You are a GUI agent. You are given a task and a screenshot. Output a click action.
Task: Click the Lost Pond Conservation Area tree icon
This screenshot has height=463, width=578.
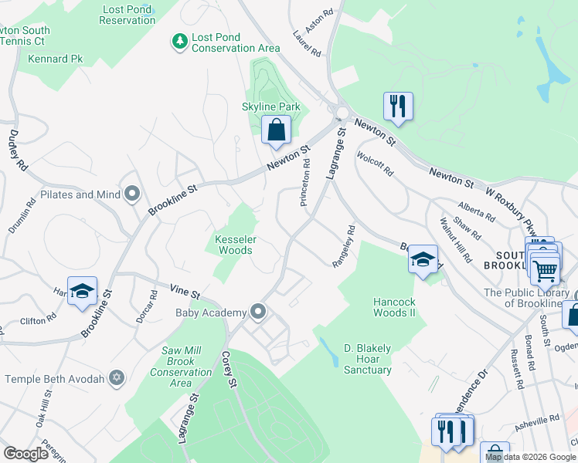click(180, 41)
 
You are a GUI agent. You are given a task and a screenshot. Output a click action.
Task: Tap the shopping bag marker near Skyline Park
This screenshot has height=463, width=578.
click(276, 131)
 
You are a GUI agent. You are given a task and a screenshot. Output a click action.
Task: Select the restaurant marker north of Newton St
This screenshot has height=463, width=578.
click(398, 106)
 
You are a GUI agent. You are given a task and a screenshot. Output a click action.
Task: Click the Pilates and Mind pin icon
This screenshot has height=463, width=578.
click(133, 195)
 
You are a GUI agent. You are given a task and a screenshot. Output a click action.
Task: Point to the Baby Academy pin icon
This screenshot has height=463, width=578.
click(259, 313)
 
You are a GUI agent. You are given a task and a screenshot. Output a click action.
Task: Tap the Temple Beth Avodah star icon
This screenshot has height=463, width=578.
click(117, 378)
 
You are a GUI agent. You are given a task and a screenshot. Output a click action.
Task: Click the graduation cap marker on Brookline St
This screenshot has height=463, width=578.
click(82, 292)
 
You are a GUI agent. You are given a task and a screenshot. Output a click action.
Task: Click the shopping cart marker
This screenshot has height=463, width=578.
click(545, 270)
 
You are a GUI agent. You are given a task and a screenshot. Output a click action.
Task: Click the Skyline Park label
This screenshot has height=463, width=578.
click(270, 106)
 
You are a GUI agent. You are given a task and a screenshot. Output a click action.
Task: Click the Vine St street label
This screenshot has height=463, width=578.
click(185, 292)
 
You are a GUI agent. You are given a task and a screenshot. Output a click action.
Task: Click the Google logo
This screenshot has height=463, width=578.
click(25, 454)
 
